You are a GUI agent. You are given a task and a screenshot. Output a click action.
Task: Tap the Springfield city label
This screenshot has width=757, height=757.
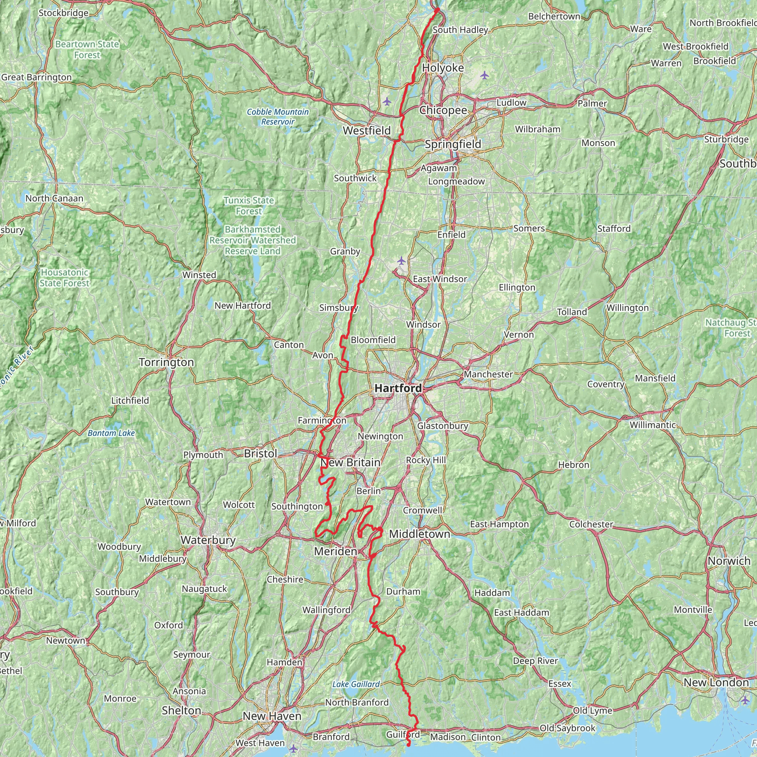[453, 144]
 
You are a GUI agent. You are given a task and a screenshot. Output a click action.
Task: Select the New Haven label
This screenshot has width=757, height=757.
[272, 716]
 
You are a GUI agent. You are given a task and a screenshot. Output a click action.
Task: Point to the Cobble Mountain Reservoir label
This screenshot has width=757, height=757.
[278, 117]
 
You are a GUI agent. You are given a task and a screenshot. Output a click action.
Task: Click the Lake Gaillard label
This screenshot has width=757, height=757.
[356, 684]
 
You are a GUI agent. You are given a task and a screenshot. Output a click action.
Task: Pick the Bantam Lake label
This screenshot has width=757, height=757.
[111, 433]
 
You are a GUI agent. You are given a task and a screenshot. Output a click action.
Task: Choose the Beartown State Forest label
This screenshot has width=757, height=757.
[87, 50]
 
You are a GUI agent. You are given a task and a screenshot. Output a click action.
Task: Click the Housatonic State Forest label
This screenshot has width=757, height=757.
[65, 278]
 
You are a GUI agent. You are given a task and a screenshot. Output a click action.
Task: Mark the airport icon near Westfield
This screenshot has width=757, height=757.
[387, 102]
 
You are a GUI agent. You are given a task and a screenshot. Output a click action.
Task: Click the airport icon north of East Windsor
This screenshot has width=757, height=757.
[401, 261]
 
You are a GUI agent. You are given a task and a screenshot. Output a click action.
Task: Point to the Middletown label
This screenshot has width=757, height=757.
[420, 534]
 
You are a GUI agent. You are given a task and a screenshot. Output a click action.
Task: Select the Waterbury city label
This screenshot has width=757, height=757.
[208, 540]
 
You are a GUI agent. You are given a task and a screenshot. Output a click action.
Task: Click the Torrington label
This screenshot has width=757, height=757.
[167, 363]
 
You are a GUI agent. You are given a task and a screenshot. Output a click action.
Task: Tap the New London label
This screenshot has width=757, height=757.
[716, 683]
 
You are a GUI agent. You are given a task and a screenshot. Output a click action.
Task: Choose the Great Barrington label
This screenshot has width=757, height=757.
[37, 77]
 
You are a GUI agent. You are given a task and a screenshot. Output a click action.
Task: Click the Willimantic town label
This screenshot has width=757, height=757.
[653, 425]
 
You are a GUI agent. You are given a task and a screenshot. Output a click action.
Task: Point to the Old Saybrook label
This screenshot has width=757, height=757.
[567, 729]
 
